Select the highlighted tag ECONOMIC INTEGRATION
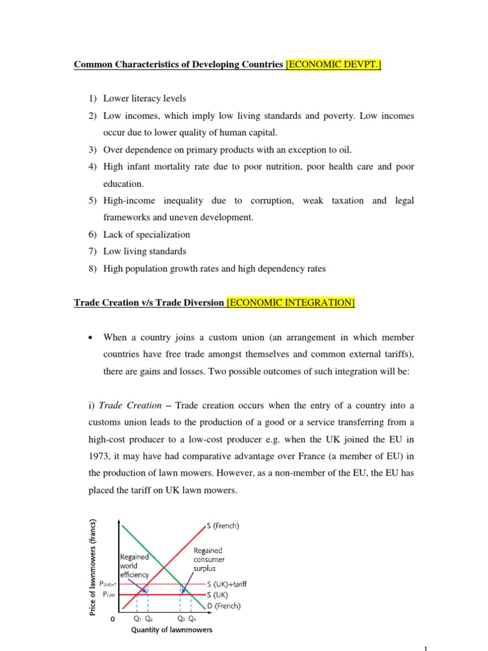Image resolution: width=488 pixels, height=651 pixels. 290,303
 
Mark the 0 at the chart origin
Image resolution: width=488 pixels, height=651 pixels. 112,619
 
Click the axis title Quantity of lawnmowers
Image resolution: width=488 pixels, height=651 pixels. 172,630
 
